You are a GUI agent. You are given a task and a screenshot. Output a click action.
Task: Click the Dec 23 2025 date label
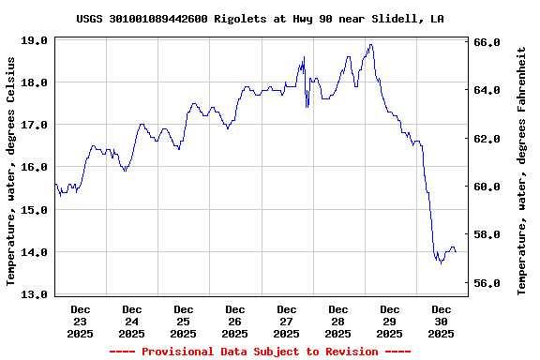81,321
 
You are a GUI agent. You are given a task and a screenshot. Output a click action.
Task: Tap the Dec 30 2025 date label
442,321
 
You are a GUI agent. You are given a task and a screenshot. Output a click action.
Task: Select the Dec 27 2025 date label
287,321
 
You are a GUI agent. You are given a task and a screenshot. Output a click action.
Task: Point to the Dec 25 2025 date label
184,321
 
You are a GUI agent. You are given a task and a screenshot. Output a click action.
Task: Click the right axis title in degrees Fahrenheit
521,170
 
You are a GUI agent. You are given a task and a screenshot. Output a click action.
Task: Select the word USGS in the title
91,19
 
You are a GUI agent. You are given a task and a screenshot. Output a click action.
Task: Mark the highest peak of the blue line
371,44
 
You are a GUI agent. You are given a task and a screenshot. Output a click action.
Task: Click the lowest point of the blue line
441,263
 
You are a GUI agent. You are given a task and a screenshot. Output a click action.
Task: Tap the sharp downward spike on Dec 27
307,107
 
